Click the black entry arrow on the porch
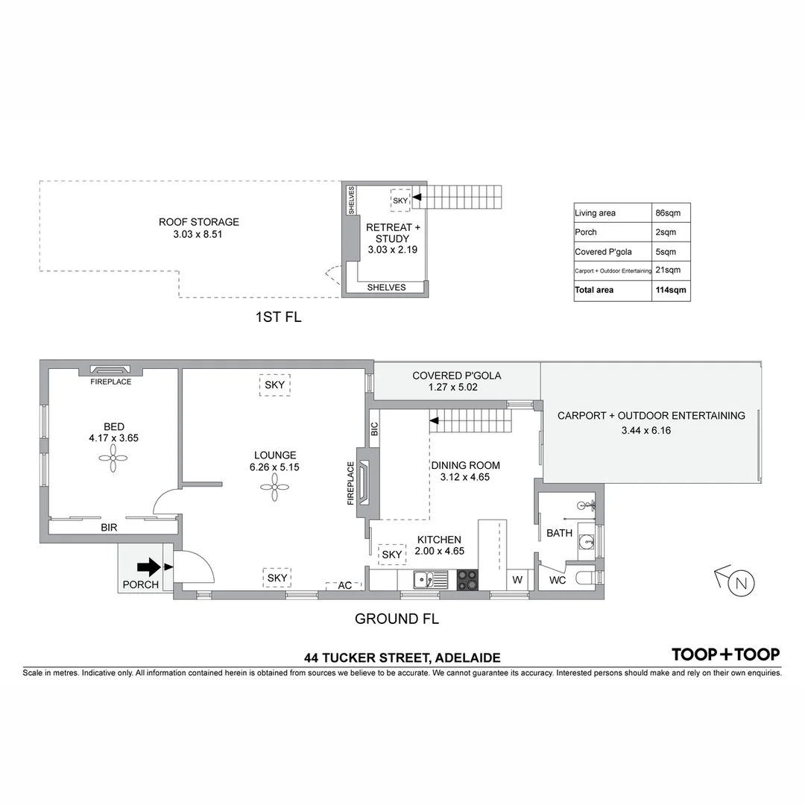coord(149,567)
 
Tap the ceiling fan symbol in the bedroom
coord(113,459)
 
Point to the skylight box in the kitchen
coord(391,555)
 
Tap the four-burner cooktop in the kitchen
coord(467,580)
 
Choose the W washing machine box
coord(517,580)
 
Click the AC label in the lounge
coord(344,586)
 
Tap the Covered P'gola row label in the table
coord(603,252)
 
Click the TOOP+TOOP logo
coord(725,654)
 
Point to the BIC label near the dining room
coord(374,429)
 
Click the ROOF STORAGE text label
coord(199,222)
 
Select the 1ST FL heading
coord(278,318)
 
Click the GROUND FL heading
coord(397,619)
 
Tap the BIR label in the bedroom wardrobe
coord(109,527)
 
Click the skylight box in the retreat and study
coord(400,201)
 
